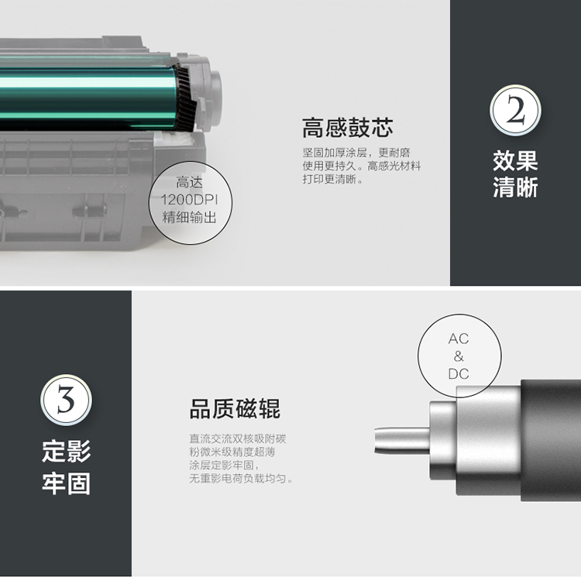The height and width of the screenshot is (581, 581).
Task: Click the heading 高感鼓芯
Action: pos(347,128)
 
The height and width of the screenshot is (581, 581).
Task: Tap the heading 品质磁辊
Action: pos(235,409)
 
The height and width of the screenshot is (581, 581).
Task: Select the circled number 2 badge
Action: pos(515,111)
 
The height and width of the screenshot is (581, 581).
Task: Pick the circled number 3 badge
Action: pos(66,401)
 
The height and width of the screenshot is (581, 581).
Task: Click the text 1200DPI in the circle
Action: pos(189,200)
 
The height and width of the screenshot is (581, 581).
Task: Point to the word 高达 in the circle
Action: pos(189,182)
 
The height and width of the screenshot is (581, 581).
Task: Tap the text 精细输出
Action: pos(189,218)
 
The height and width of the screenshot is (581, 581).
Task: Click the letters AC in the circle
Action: pos(459,339)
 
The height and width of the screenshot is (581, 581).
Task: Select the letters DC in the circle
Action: pos(459,374)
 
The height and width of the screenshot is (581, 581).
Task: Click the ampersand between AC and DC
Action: pos(459,356)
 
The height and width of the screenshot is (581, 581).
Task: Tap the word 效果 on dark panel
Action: pos(515,160)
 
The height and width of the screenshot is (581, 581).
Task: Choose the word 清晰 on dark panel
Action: pos(515,187)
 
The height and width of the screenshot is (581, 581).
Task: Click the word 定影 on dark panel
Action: pos(66,451)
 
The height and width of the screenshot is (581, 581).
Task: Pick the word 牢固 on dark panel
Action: pos(66,483)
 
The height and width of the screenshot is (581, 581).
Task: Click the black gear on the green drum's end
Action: pos(185,98)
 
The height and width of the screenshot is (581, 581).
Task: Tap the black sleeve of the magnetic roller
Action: pos(551,440)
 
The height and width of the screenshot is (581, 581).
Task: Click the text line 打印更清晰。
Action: pos(333,179)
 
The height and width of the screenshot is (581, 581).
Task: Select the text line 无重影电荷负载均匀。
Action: pos(241,479)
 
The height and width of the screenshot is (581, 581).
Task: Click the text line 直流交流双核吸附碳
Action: pos(238,439)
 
